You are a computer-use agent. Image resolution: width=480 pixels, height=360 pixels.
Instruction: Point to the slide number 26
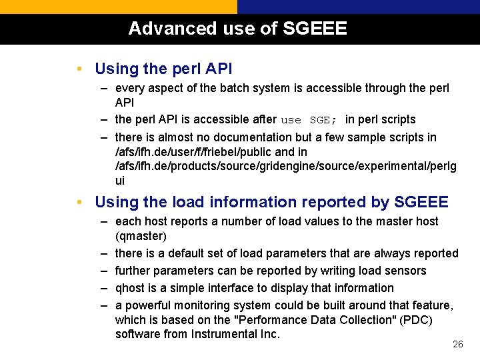(x=457, y=344)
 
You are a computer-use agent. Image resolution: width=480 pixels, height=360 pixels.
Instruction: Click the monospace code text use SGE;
(x=309, y=120)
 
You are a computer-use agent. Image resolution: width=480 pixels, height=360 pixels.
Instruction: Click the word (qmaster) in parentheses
(x=141, y=236)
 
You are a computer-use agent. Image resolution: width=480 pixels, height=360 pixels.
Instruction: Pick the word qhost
(x=129, y=288)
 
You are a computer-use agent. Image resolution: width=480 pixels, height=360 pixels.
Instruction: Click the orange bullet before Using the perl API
(x=79, y=69)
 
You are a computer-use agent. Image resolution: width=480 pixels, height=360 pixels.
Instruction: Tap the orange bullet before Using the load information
(x=79, y=202)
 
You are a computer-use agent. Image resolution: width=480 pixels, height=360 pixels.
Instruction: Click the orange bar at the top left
(x=118, y=7)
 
